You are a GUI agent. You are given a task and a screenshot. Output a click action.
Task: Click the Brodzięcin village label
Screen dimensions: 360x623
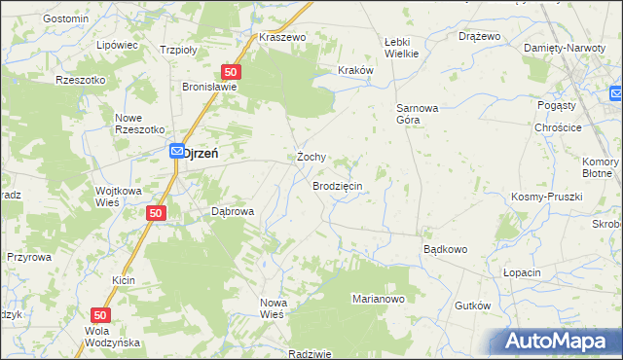[x=338, y=185]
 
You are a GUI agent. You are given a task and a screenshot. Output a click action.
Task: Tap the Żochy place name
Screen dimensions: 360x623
[x=311, y=157]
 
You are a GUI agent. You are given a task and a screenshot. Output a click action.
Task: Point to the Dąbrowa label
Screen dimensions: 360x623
[x=233, y=211]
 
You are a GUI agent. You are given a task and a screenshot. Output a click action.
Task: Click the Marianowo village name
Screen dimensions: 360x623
[x=378, y=299]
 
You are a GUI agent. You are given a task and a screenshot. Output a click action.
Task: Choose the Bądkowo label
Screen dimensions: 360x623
[x=445, y=249]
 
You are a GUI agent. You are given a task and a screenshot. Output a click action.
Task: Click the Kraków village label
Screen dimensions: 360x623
[x=355, y=70]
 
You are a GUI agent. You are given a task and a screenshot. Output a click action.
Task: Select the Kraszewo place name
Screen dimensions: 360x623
[x=283, y=37]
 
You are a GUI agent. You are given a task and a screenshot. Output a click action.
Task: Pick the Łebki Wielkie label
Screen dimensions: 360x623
[x=401, y=48]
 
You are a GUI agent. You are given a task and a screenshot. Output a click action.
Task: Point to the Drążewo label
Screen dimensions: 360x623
[x=479, y=36]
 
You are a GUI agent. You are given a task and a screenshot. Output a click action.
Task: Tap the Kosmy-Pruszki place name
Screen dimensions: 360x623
[x=546, y=197]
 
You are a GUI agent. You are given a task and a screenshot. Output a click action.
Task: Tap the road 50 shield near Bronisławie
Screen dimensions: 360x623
[x=231, y=72]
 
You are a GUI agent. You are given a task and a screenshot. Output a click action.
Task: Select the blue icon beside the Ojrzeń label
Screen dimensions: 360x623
[x=176, y=151]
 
